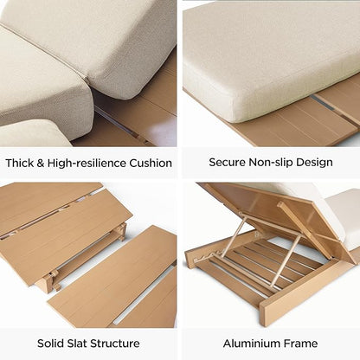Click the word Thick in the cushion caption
click(x=19, y=163)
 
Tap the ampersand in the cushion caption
click(x=41, y=164)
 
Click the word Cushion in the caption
click(x=151, y=164)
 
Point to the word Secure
click(x=227, y=162)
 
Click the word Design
click(x=314, y=163)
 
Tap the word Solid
click(x=50, y=344)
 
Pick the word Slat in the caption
click(x=77, y=344)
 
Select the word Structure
click(x=115, y=344)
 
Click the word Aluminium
click(x=251, y=344)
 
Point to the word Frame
click(x=300, y=344)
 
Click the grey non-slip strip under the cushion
click(x=322, y=102)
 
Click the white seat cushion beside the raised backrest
click(x=344, y=219)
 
